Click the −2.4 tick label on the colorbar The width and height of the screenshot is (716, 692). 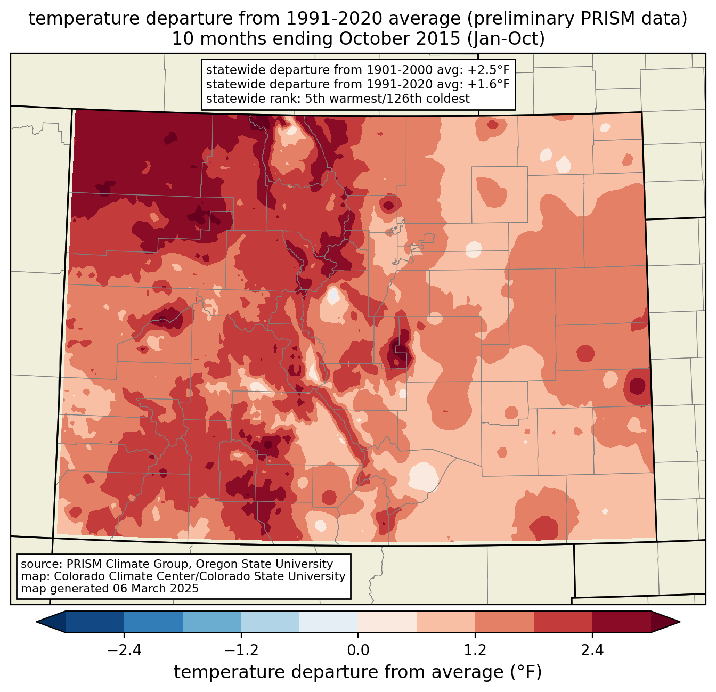click(124, 650)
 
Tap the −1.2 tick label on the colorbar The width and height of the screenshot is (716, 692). click(241, 650)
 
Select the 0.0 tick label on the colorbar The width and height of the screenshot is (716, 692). click(358, 650)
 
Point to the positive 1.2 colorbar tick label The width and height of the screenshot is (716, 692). click(475, 650)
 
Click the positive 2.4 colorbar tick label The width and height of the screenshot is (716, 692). click(592, 650)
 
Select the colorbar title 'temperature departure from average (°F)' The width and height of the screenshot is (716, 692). click(358, 672)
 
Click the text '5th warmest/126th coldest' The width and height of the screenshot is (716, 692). click(387, 99)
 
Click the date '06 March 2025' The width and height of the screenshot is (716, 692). click(156, 589)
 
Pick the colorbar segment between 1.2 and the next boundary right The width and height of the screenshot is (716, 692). click(505, 622)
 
